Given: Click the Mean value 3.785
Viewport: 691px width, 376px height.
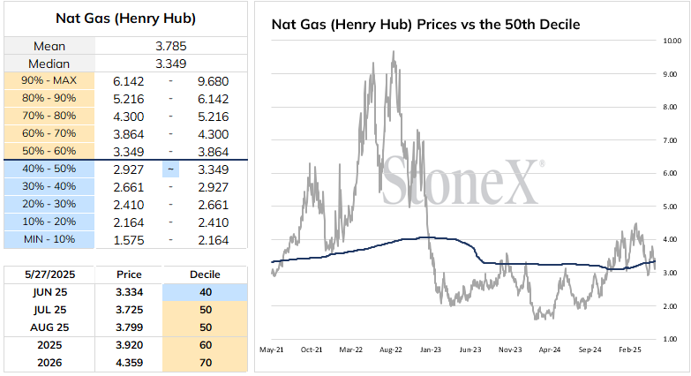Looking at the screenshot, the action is point(171,46).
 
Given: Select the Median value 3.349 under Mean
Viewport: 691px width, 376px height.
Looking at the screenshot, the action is point(171,64).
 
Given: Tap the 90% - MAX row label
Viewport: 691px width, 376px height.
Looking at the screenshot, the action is point(49,80).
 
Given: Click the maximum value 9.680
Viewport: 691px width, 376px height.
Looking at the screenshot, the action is point(214,81).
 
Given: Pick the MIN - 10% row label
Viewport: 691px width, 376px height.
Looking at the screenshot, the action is point(49,239).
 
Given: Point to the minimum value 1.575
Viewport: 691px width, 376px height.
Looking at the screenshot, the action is point(129,240).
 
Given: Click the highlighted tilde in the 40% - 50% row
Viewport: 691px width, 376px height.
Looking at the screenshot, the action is point(170,169).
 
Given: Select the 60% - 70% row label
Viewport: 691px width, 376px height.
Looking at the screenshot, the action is point(49,133).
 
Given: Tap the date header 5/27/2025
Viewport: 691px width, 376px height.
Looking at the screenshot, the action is point(49,274).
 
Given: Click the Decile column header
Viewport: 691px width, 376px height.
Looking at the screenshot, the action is point(205,274).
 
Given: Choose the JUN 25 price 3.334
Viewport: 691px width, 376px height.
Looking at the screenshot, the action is point(130,292).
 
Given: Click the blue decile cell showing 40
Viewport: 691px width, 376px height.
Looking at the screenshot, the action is point(205,292).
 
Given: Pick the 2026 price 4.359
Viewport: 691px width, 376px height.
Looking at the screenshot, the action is point(130,363).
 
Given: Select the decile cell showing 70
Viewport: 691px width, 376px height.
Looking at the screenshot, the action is point(205,363).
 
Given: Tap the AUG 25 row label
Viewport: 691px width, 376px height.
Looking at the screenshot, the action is point(49,327).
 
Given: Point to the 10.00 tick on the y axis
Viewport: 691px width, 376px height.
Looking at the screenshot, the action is point(672,41).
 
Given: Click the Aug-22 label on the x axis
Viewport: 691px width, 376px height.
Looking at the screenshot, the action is point(390,350).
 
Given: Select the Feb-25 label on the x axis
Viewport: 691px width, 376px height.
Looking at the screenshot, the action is point(630,350).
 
